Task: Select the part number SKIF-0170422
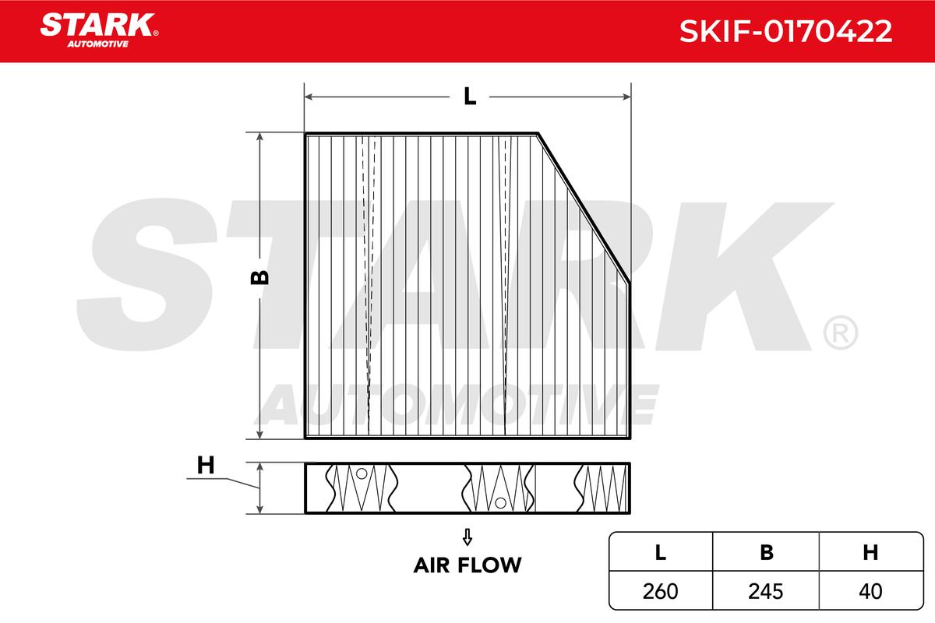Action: coord(785,31)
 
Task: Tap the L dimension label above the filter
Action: coord(469,97)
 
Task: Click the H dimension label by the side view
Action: coord(205,466)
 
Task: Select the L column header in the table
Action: coord(660,552)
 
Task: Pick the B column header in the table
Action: coord(767,552)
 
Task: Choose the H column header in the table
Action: coord(870,552)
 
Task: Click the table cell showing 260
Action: coord(660,591)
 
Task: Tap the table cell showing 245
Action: coord(767,591)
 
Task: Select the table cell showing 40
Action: coord(870,591)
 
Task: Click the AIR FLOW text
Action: coord(467,565)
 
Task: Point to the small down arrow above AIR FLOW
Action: coord(467,537)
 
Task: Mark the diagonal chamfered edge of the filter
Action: coord(584,206)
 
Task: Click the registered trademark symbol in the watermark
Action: coord(839,333)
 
